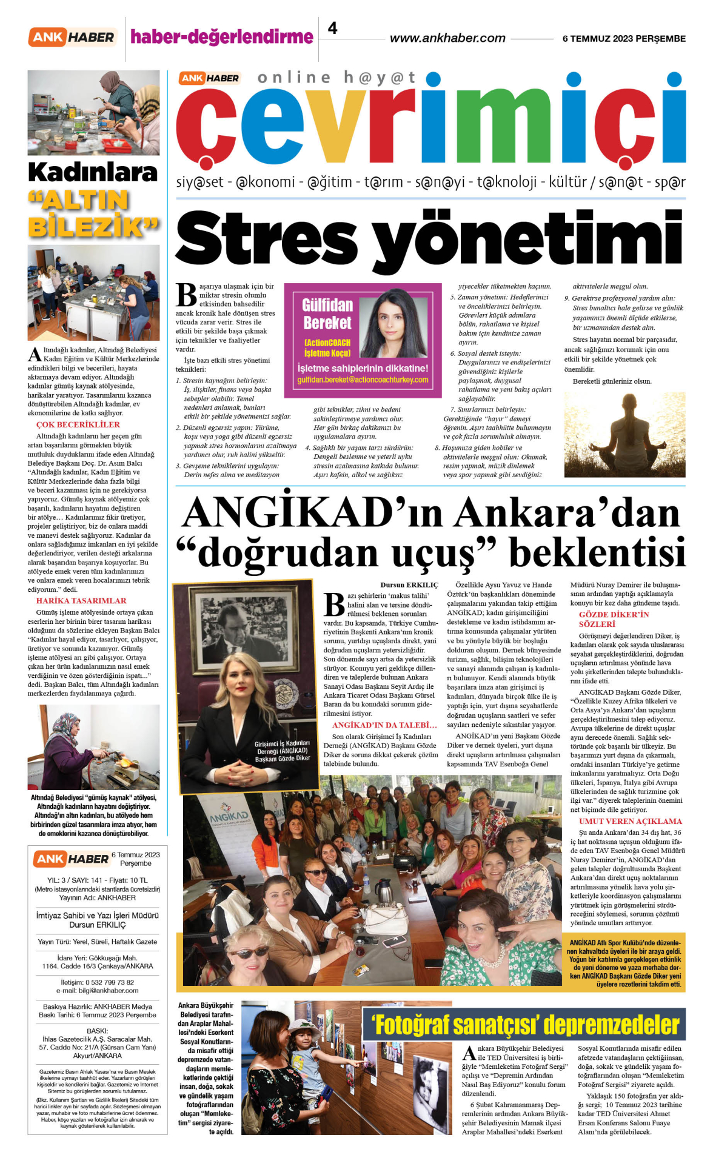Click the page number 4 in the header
tap(332, 28)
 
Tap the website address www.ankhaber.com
tap(447, 38)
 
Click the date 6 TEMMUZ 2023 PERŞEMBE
tap(624, 39)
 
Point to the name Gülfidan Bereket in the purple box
tap(327, 313)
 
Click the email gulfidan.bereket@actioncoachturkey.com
tap(363, 380)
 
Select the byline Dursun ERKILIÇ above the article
tap(409, 585)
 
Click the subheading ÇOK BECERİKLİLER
tap(78, 424)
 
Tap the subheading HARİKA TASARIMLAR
tap(81, 601)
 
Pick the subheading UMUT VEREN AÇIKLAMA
tap(631, 822)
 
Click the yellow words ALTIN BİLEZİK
tap(93, 213)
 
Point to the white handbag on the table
tap(384, 919)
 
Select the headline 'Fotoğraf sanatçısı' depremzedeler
tap(525, 1025)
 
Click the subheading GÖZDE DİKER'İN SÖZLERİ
tap(613, 619)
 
